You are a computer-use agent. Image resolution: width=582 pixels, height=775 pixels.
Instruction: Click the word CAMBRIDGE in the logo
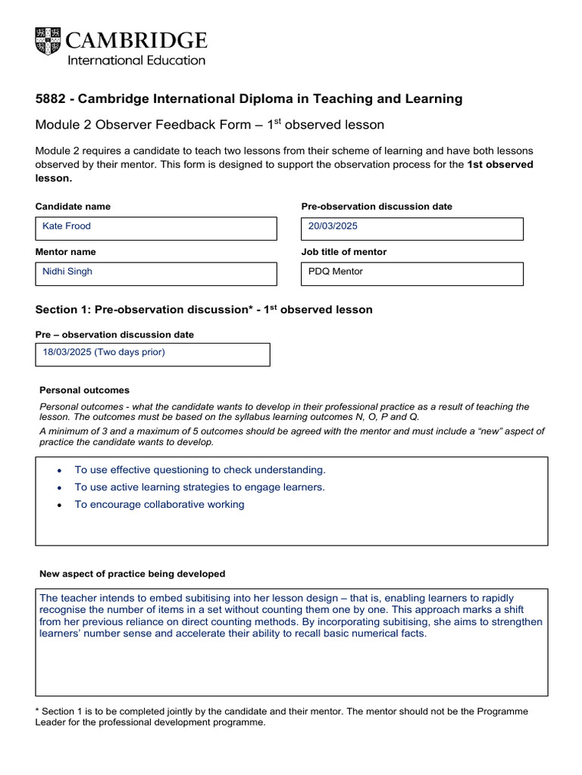tap(137, 40)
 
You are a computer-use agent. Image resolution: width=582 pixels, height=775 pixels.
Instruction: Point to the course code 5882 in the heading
tap(51, 99)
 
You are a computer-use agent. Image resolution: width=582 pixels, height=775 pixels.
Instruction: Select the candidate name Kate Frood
tap(67, 226)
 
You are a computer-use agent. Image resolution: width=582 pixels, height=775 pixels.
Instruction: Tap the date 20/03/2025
tap(333, 226)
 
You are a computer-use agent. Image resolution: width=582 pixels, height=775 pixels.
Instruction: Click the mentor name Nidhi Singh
tap(67, 271)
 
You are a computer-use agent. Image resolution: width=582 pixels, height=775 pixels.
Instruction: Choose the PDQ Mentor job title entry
tap(336, 271)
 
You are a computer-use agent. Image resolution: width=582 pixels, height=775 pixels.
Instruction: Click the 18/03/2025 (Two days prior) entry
tap(104, 352)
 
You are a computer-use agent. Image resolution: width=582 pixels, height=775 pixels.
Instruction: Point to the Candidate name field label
tap(73, 207)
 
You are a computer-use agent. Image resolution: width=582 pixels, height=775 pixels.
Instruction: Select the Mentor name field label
tap(66, 252)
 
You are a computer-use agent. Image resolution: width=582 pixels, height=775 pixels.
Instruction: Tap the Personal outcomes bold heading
tap(84, 391)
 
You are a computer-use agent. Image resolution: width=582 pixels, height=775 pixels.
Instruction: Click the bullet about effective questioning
tap(200, 470)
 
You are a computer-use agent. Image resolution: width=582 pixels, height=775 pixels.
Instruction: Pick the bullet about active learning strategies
tap(199, 487)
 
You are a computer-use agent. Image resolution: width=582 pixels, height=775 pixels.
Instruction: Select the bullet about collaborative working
tap(159, 505)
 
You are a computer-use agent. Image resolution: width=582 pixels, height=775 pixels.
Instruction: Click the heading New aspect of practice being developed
tap(132, 574)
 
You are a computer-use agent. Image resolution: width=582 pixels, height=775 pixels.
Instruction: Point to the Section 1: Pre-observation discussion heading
tap(204, 310)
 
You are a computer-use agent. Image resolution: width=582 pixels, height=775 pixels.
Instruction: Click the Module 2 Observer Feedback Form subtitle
tap(210, 125)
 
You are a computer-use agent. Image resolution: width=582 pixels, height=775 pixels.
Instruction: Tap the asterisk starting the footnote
tap(38, 711)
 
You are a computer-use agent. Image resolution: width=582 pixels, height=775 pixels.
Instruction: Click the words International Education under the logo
tap(137, 61)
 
